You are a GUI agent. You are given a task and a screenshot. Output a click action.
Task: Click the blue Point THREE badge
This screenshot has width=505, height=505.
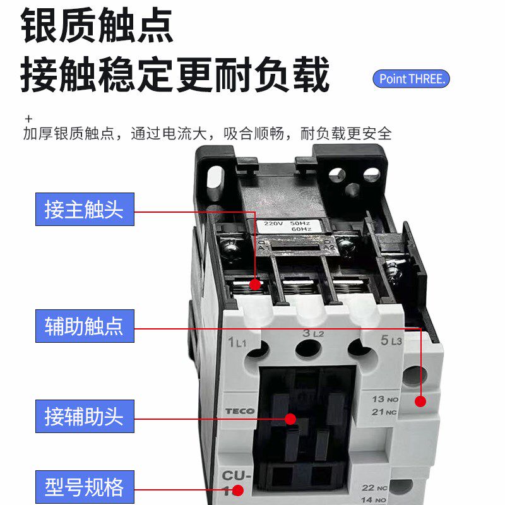[x=411, y=79]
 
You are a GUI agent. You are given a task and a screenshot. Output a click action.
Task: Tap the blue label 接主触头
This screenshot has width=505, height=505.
[x=85, y=210]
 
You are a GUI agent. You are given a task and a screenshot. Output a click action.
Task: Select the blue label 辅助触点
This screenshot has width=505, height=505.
[x=85, y=326]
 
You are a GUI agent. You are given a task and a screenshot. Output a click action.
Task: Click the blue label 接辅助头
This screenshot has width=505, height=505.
[x=85, y=417]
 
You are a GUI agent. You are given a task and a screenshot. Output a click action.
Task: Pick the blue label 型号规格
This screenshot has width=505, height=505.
[x=85, y=487]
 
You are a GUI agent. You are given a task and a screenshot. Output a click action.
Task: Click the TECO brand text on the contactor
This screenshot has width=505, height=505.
[x=240, y=412]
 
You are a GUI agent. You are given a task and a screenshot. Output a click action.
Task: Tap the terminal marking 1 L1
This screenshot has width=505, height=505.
[x=237, y=342]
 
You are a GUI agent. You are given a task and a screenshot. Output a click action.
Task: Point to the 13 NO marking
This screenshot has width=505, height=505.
[x=384, y=400]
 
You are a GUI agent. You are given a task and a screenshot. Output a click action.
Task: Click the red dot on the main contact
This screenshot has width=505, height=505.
[x=255, y=284]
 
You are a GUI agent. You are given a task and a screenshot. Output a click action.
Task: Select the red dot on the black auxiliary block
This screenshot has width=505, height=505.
[x=290, y=419]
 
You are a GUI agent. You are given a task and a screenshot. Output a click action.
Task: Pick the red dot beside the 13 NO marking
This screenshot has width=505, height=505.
[x=420, y=401]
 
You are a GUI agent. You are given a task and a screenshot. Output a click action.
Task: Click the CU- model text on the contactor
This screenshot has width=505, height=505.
[x=235, y=477]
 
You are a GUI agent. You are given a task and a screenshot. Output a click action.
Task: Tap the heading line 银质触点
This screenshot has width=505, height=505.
[x=97, y=27]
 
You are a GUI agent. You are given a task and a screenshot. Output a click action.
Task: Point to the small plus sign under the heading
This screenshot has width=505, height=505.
[x=28, y=119]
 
